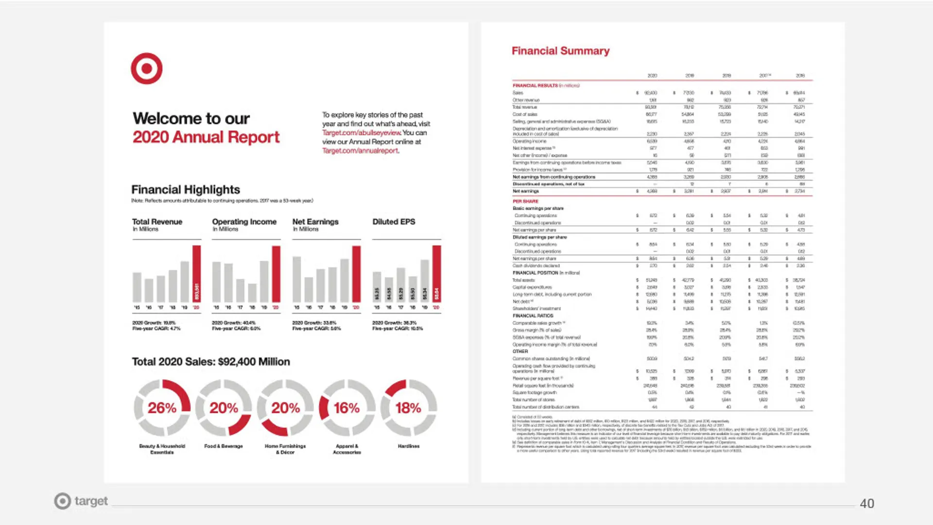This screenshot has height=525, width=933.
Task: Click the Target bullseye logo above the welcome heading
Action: coord(146,69)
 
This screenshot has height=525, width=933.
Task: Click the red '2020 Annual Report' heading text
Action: coord(206,137)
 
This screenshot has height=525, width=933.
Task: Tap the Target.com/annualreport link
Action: coord(360,151)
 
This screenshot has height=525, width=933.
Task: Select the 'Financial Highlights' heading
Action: coord(186,190)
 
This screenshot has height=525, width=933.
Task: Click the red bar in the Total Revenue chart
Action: coord(196,274)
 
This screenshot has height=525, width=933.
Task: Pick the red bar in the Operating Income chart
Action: coord(276,274)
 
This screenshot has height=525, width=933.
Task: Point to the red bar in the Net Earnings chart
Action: coord(356,274)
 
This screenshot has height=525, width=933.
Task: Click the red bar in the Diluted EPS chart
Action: coord(436,274)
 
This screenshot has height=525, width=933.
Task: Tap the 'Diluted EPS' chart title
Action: coord(394,222)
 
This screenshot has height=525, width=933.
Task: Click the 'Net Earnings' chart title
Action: coord(315,222)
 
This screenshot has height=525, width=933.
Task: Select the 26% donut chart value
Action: coord(162,408)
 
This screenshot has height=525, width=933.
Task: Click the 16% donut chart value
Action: coord(346,408)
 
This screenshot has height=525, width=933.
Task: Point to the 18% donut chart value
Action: coord(408,408)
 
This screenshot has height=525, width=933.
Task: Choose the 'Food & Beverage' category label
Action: coord(224,446)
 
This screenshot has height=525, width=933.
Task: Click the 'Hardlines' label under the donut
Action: coord(409,446)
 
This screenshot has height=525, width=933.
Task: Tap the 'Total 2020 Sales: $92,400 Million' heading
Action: coord(211,362)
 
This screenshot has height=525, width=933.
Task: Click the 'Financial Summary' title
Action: coord(560,51)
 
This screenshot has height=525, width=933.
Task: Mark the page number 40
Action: coord(867,504)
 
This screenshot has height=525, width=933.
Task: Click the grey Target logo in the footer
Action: coord(81,501)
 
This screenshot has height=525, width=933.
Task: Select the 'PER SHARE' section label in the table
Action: coord(525,201)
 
